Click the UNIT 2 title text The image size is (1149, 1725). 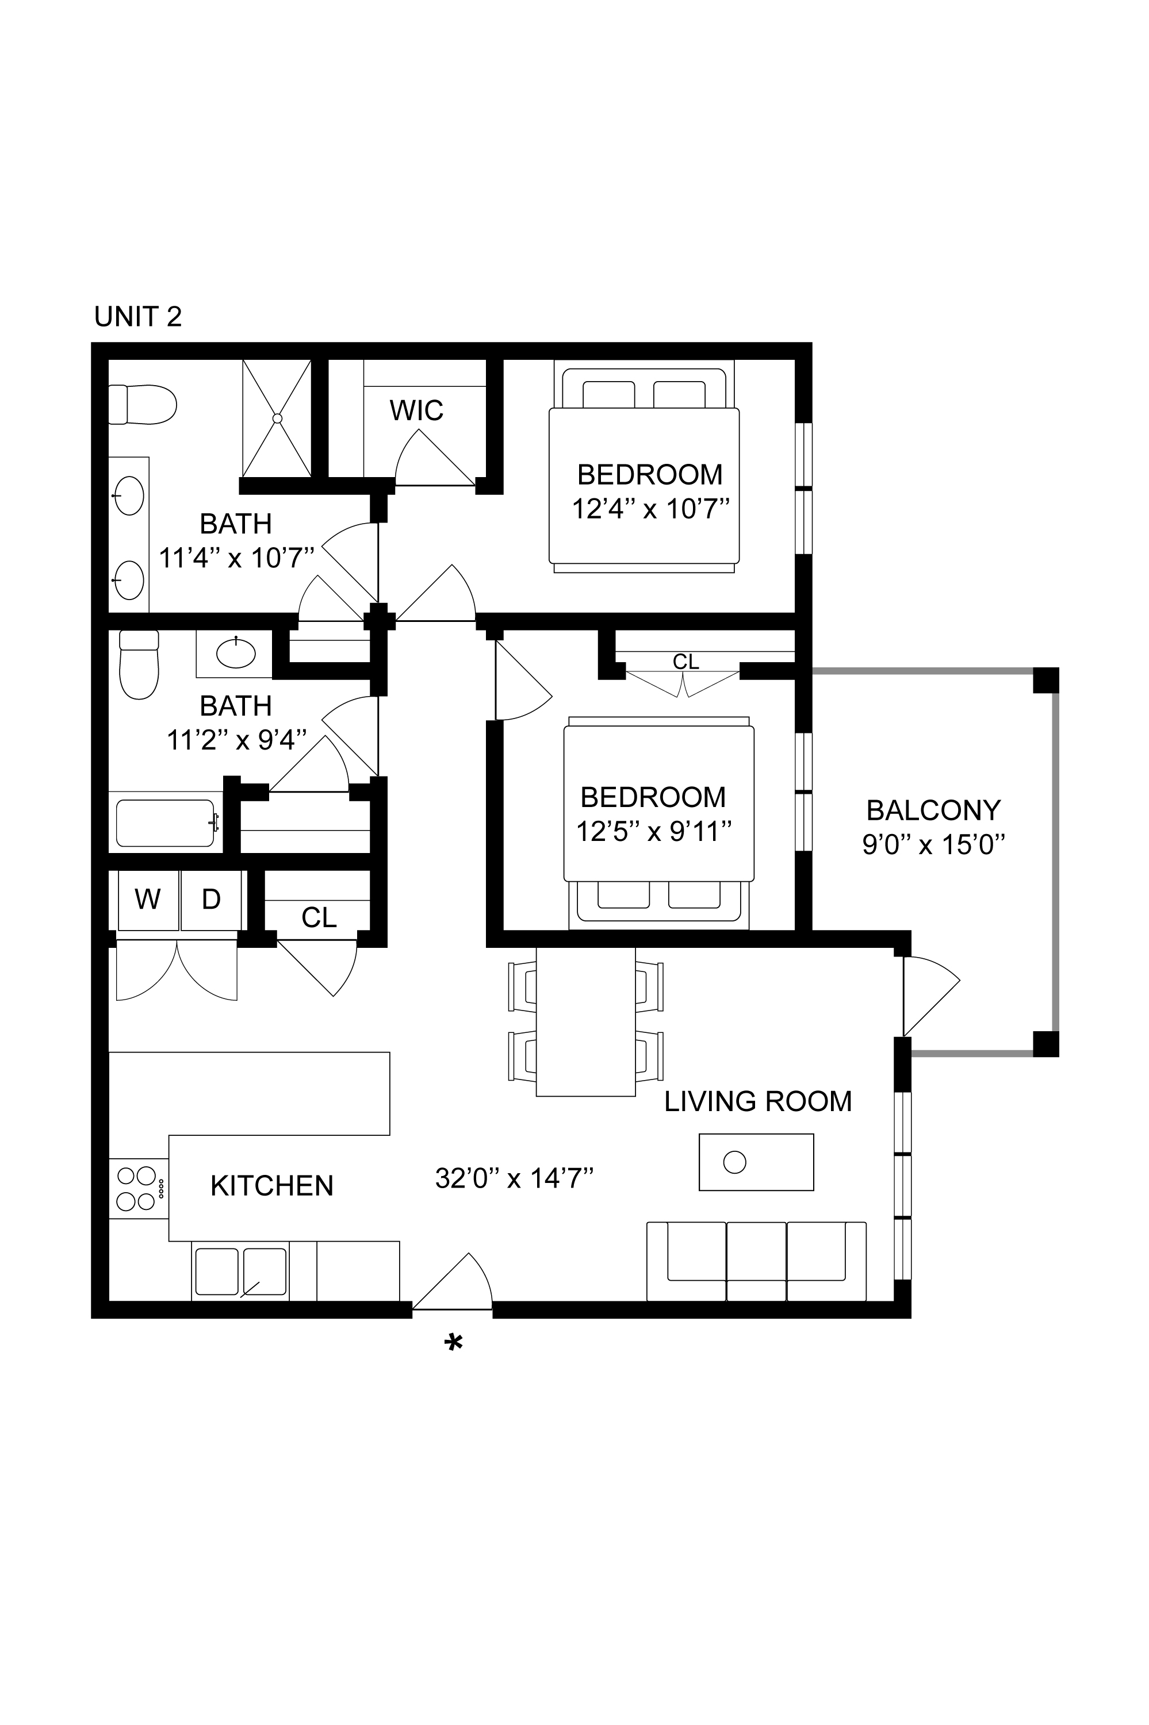pos(138,317)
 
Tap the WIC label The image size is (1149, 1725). pos(416,411)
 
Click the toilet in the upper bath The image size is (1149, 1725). pos(143,404)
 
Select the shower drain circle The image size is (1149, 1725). pos(277,418)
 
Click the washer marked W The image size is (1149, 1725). pos(148,900)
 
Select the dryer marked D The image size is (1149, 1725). pos(211,900)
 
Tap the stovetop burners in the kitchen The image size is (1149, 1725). pos(138,1189)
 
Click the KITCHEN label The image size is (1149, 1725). pos(272,1186)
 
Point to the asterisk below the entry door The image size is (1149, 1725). pos(454,1343)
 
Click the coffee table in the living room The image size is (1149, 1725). pos(756,1162)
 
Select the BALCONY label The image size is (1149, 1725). pos(933,810)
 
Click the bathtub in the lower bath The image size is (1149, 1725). pos(166,823)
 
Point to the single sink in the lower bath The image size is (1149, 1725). pos(236,652)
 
